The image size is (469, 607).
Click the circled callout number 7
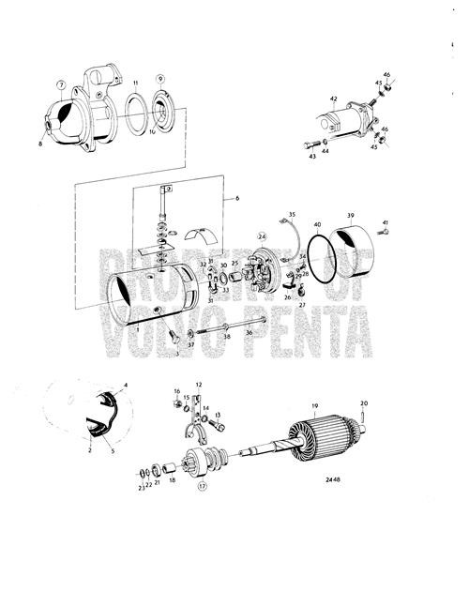(x=61, y=84)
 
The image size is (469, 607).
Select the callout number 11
(x=135, y=84)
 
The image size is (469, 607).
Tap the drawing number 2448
(x=324, y=479)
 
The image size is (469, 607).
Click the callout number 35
(x=292, y=215)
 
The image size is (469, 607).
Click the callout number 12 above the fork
(x=199, y=386)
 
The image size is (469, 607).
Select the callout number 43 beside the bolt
(x=312, y=156)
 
